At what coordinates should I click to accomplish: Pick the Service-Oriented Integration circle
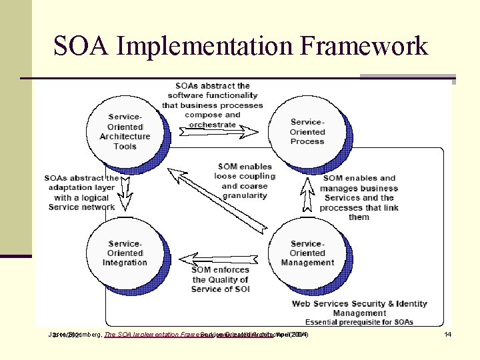tap(125, 253)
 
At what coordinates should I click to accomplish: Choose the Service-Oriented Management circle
tap(307, 253)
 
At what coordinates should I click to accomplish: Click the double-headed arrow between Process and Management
tap(307, 194)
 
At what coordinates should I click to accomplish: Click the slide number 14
tap(448, 334)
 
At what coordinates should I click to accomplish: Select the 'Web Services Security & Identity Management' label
tap(359, 308)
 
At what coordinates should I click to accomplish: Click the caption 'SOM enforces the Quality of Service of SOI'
tap(219, 279)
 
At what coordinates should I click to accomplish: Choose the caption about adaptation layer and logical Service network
tap(81, 193)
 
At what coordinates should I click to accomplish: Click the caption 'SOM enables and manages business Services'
tap(359, 197)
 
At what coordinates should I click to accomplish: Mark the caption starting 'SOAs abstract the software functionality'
tap(213, 105)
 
